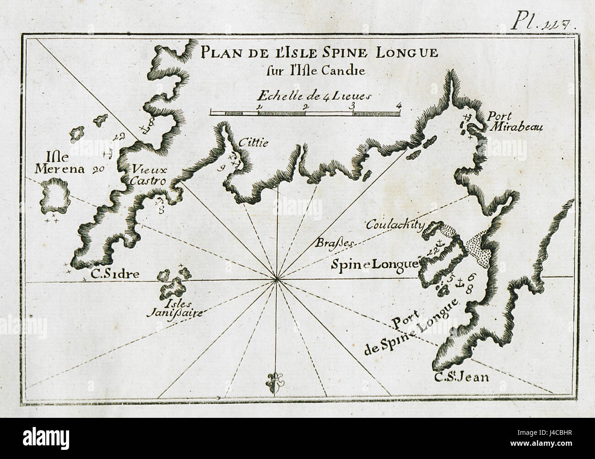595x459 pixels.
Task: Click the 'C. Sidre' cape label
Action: pos(108,274)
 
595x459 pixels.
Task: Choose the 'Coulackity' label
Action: pos(395,225)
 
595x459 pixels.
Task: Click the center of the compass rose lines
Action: pos(276,279)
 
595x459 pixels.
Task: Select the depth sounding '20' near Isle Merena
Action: pos(98,170)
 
